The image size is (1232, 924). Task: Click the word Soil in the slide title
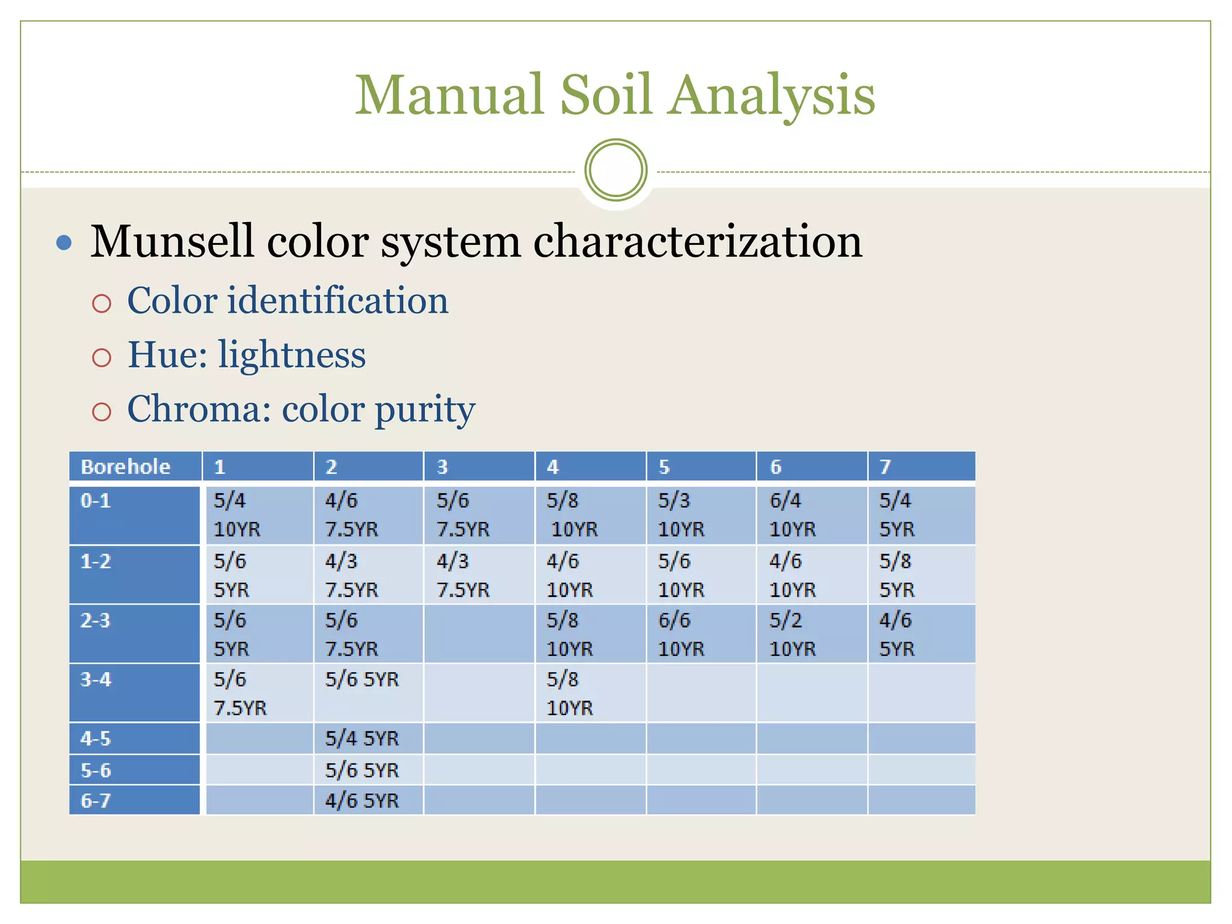click(606, 94)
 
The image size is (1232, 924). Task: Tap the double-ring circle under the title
click(615, 170)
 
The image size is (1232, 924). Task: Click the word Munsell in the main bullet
click(170, 241)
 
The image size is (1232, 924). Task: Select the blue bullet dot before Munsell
click(64, 242)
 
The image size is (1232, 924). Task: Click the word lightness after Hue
click(292, 354)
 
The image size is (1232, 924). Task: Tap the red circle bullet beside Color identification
click(102, 303)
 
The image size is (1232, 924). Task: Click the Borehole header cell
click(135, 467)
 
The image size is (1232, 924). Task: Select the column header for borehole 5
click(701, 467)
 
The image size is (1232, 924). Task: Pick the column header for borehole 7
click(922, 467)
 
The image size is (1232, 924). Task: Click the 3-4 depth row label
click(135, 693)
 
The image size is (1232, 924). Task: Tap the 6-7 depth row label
click(135, 801)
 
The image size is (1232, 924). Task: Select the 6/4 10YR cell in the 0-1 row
click(812, 515)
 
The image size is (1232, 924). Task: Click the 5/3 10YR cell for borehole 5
click(701, 515)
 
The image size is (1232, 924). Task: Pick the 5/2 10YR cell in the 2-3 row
click(812, 634)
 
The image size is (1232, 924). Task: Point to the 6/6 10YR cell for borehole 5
click(701, 634)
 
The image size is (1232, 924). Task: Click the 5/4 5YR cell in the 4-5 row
click(368, 739)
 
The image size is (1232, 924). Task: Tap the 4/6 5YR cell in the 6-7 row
click(368, 801)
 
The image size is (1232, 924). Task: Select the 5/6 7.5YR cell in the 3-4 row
click(259, 693)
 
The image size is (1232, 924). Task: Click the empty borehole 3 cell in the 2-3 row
click(479, 634)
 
